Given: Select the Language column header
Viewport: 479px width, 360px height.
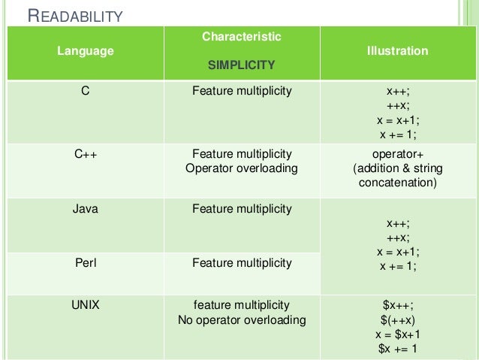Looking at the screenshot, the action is pos(86,51).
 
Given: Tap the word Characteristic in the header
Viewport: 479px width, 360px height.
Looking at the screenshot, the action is pos(242,36).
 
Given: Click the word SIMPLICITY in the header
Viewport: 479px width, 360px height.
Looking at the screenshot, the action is pos(242,65).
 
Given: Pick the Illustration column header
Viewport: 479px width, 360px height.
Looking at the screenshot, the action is pos(398,51).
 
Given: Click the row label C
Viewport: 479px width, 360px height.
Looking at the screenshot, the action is pos(86,92).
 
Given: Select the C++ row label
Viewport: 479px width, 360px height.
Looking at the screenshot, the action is pos(86,154).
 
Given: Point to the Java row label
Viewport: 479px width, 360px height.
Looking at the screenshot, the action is pos(86,208).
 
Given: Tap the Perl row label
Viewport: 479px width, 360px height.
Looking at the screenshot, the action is pos(86,262).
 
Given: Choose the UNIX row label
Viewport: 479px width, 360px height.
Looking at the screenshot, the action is pos(86,305).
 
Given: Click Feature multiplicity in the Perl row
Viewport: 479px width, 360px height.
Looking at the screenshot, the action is pos(242,262).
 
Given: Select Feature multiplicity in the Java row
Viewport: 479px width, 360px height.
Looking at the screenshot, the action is pos(242,208).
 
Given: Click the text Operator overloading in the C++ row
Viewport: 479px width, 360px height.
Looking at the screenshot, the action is pos(242,168).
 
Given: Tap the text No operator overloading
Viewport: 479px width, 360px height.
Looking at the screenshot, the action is pos(242,320).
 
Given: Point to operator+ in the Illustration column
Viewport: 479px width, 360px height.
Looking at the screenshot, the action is pos(398,154).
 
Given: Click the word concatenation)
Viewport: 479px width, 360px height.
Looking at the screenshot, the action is pos(398,183).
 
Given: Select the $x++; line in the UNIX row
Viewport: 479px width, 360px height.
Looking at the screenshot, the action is pos(398,305).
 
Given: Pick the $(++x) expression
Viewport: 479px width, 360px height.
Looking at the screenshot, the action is pos(398,319).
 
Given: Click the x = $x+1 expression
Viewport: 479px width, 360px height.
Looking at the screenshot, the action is pos(398,334).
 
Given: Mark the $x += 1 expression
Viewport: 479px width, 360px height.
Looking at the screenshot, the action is pos(398,349).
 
